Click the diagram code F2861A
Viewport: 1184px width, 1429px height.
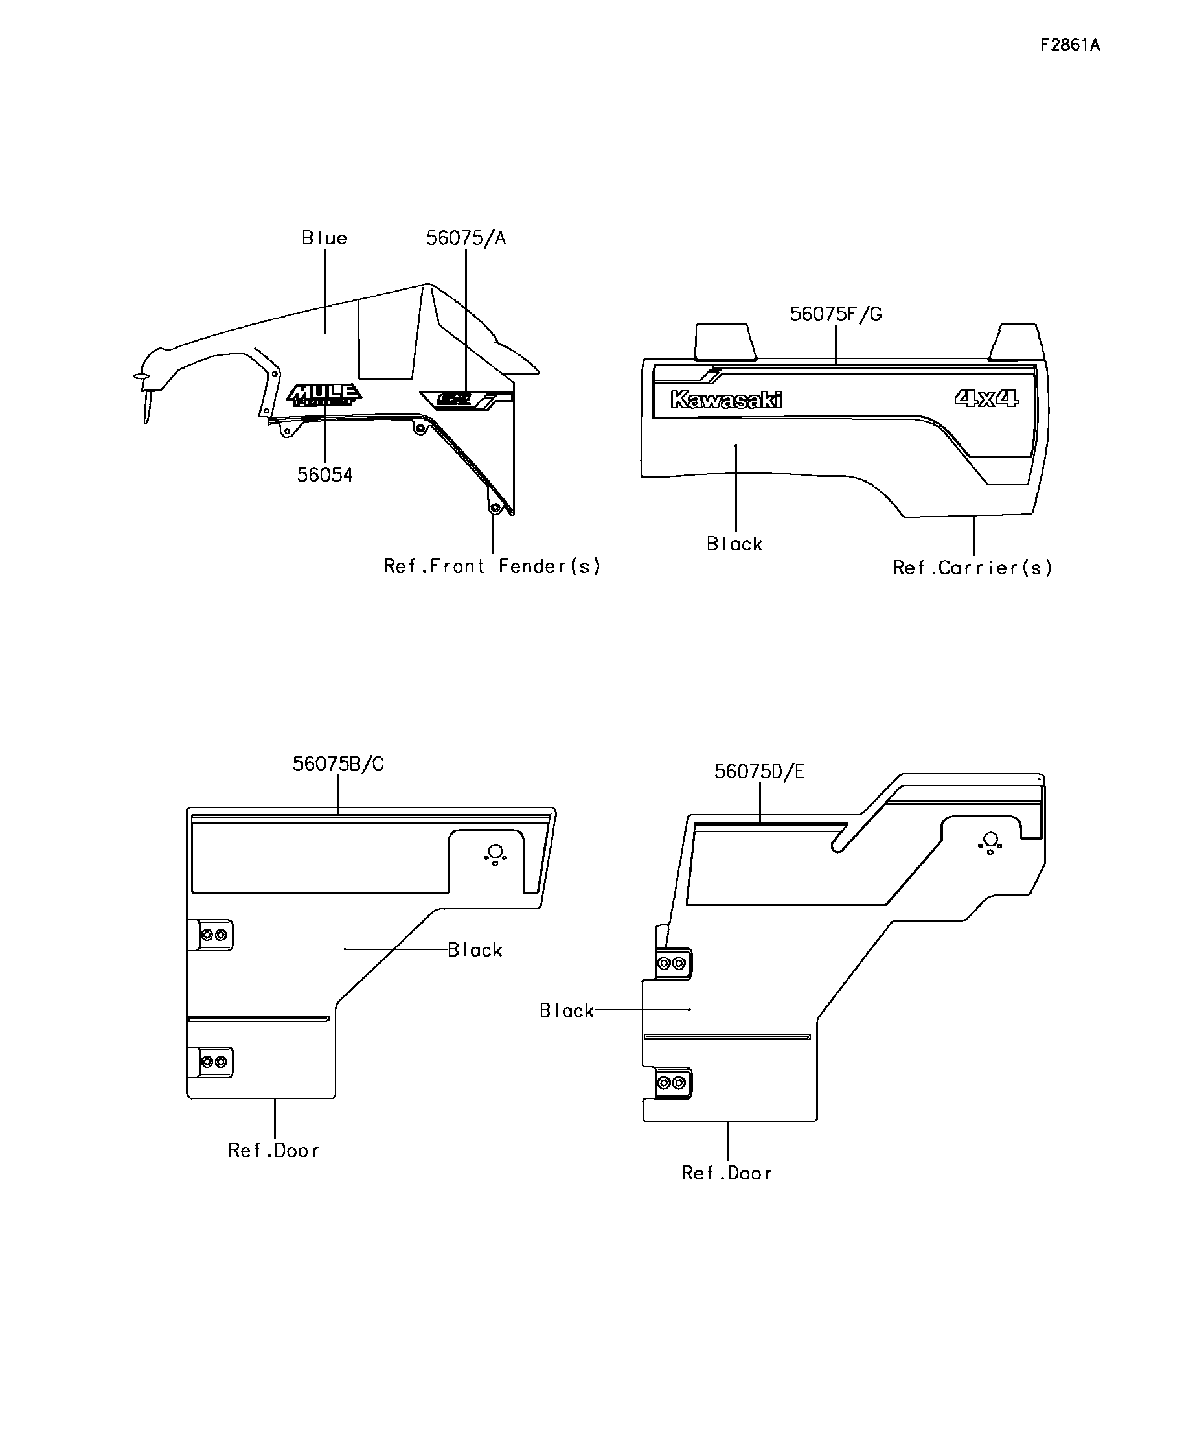[1069, 45]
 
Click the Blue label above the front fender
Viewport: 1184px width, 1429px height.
[324, 238]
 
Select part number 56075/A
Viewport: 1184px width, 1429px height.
[466, 238]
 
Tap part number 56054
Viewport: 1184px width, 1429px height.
[324, 475]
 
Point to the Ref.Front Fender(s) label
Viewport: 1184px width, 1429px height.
[492, 566]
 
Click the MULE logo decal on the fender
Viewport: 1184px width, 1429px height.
[324, 395]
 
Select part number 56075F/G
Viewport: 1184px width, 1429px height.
[835, 314]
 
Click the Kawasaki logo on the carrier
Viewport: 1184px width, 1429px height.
[725, 400]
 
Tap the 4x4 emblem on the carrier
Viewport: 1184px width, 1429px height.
[986, 398]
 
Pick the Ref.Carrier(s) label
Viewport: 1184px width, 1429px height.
[972, 568]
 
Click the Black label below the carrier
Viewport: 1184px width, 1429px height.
[734, 544]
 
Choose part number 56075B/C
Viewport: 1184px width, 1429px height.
[338, 764]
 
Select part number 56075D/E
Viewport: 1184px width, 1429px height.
[759, 772]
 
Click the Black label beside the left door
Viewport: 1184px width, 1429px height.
[475, 950]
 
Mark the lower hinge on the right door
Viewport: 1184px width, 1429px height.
[671, 1083]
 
